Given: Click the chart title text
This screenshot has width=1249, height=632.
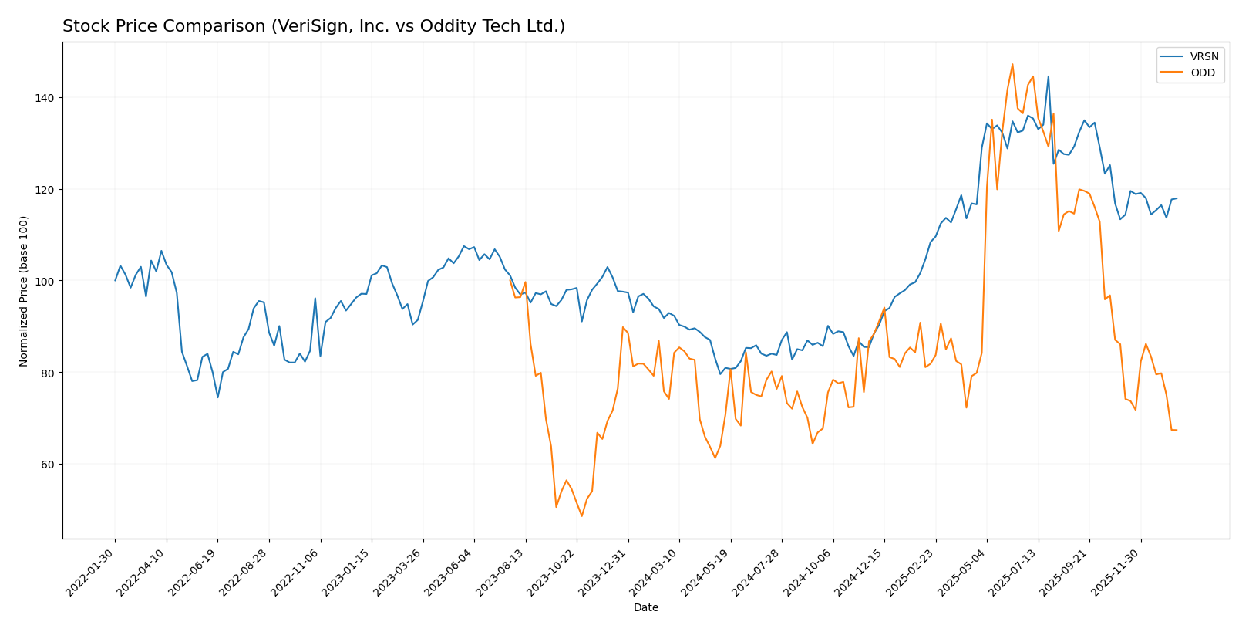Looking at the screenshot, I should (313, 27).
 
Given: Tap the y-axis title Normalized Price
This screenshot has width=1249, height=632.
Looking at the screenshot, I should (24, 291).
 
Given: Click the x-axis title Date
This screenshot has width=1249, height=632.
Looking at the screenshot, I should (645, 608).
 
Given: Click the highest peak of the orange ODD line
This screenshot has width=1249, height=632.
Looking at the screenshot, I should (1012, 64).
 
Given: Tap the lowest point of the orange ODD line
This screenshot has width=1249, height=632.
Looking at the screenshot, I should (581, 516).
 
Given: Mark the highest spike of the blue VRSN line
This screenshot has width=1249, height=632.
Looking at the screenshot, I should (1048, 76).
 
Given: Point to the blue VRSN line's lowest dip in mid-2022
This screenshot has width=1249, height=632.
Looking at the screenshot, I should (217, 397).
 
